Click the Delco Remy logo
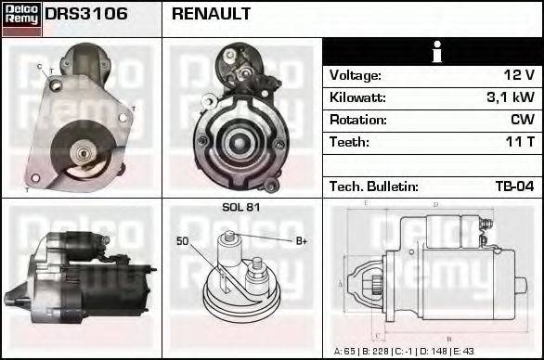[21, 18]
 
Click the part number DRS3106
[86, 15]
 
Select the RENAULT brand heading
[211, 15]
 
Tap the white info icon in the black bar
[432, 53]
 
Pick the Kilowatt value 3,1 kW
[511, 97]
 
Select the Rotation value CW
[522, 120]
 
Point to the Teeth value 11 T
[520, 142]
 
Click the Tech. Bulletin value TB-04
[513, 186]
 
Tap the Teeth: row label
[349, 142]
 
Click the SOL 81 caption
[241, 207]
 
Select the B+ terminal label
[302, 241]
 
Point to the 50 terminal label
[182, 241]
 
